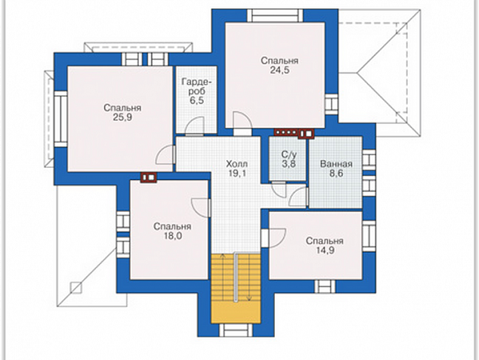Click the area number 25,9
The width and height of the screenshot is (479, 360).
click(x=122, y=117)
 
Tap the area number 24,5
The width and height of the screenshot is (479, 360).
click(x=280, y=70)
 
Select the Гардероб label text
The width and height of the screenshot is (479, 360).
click(x=196, y=86)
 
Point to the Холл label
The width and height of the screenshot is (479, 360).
click(x=236, y=164)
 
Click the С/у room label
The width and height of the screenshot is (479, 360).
click(x=289, y=154)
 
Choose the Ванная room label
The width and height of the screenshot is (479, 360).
click(x=336, y=164)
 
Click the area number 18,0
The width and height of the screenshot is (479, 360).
click(x=172, y=236)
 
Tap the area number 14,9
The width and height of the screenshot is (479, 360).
click(x=325, y=250)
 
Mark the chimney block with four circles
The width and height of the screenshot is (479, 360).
click(x=286, y=133)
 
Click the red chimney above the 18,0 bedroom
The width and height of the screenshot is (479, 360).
click(x=149, y=178)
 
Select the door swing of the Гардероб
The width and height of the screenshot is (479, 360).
click(x=195, y=126)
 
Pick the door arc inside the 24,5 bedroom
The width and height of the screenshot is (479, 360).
click(x=243, y=120)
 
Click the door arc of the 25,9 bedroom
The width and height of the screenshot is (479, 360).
click(x=165, y=155)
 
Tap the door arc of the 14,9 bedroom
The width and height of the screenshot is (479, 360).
click(x=277, y=237)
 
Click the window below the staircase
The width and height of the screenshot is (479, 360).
click(x=236, y=331)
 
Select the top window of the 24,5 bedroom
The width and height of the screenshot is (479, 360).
click(x=275, y=15)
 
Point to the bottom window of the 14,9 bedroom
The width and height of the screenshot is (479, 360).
click(x=325, y=287)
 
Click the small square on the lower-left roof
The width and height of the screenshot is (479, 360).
click(x=76, y=287)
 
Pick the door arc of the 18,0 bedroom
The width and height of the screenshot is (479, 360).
click(x=201, y=208)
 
